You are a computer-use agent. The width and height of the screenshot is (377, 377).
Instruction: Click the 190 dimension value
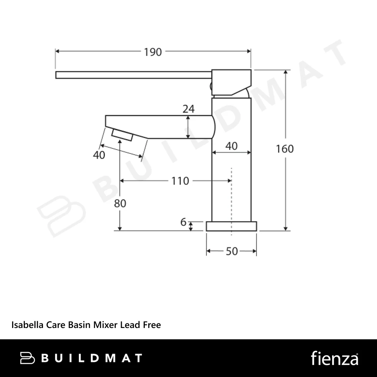(x=153, y=52)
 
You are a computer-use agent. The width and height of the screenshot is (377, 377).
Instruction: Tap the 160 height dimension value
(x=285, y=149)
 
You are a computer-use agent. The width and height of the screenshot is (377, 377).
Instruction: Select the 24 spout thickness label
(x=188, y=109)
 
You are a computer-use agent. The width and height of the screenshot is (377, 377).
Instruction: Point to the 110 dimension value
(x=180, y=181)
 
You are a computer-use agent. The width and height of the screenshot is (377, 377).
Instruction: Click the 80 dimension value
(x=120, y=204)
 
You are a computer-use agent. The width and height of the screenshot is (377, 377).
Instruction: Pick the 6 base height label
(x=184, y=222)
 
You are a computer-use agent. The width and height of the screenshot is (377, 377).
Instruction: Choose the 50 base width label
(x=232, y=251)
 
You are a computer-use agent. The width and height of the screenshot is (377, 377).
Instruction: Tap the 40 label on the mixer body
(x=231, y=146)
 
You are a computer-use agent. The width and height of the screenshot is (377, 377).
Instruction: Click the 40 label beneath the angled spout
(x=99, y=155)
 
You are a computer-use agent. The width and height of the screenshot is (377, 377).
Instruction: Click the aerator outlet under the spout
(x=122, y=135)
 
